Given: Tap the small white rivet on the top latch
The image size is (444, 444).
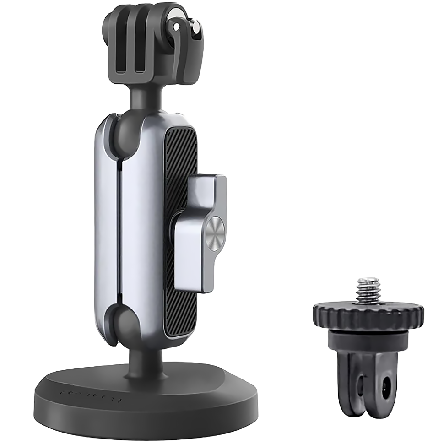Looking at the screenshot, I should tap(176, 28).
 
